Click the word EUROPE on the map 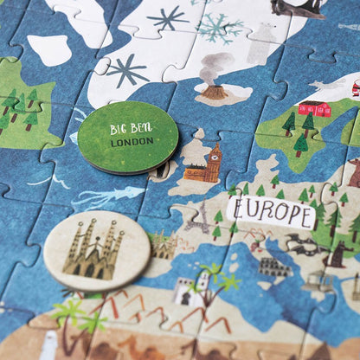(271, 209)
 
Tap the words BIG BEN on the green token (131, 127)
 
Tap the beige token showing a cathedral (96, 250)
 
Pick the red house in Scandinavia (315, 109)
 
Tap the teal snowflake (220, 27)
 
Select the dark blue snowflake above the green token (128, 69)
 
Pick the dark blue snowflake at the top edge (167, 17)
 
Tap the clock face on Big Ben (215, 158)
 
